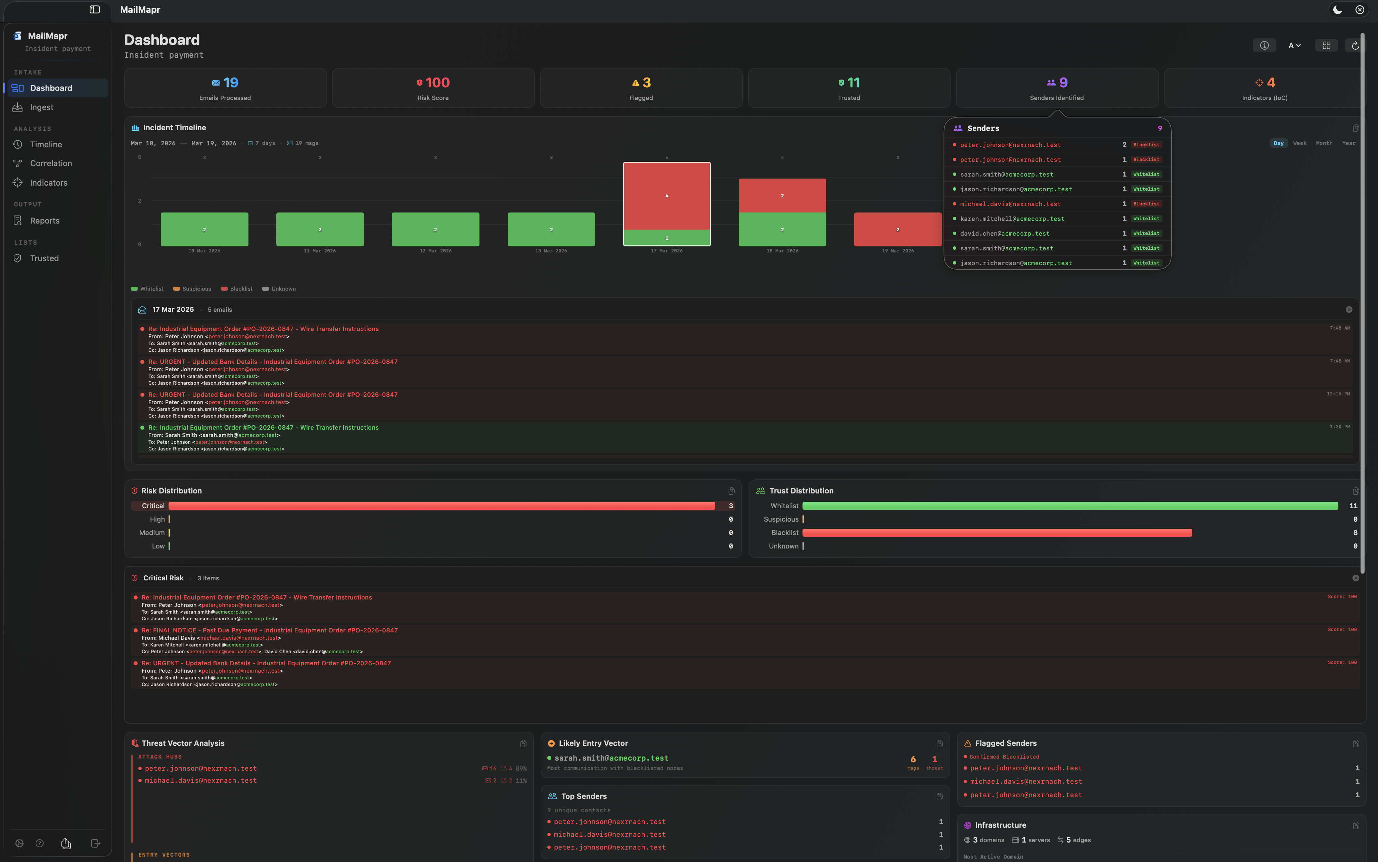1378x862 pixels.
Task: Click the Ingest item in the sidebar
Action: [42, 107]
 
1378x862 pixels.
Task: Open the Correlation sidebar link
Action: [51, 163]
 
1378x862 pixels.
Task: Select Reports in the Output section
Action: [44, 221]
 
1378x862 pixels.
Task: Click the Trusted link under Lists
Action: [44, 258]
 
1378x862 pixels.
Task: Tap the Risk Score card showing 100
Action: [433, 88]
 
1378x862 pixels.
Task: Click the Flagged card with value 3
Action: [641, 88]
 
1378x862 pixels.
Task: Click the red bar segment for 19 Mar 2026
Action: [898, 229]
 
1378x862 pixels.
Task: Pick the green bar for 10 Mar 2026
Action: [204, 229]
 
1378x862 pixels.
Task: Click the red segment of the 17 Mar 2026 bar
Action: [667, 196]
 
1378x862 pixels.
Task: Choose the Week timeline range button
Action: [1299, 143]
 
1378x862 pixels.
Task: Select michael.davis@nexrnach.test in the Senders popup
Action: [1010, 204]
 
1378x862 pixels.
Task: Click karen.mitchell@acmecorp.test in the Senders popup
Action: [1011, 219]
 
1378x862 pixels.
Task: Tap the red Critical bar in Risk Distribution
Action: [441, 506]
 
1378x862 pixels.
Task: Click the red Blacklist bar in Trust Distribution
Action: [997, 532]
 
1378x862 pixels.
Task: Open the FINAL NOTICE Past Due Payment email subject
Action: [269, 630]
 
